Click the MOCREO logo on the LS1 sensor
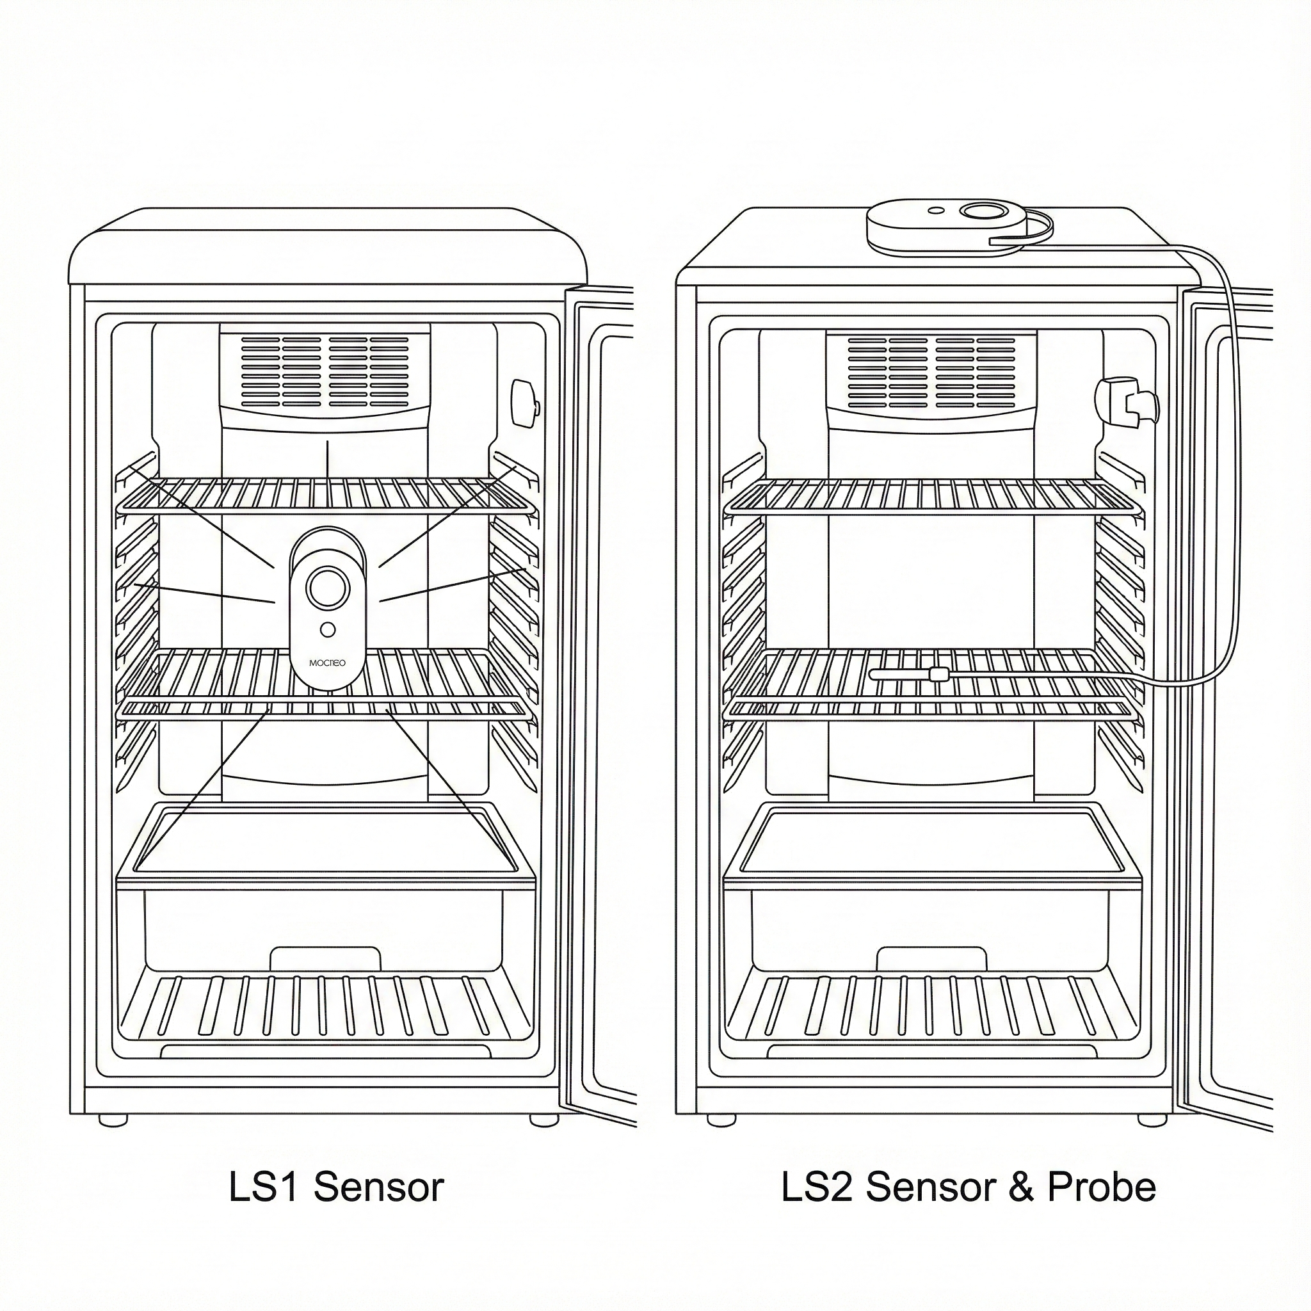tap(327, 662)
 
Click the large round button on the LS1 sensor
tap(327, 588)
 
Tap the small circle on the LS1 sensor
tap(327, 630)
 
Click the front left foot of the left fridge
tap(113, 1120)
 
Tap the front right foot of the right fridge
tap(1152, 1120)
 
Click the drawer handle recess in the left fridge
tap(325, 959)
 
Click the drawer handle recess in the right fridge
tap(931, 959)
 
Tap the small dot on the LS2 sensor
tap(936, 211)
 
